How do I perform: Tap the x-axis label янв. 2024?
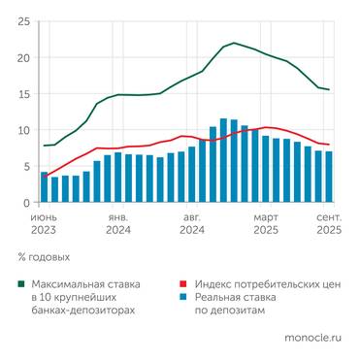(x=118, y=225)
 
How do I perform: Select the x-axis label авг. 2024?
(x=192, y=225)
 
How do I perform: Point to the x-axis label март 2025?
(x=266, y=225)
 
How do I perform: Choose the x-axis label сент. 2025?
(x=328, y=225)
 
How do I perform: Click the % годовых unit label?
(x=44, y=257)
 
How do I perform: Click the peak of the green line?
(x=234, y=43)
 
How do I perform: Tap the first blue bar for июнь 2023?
(x=44, y=187)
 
